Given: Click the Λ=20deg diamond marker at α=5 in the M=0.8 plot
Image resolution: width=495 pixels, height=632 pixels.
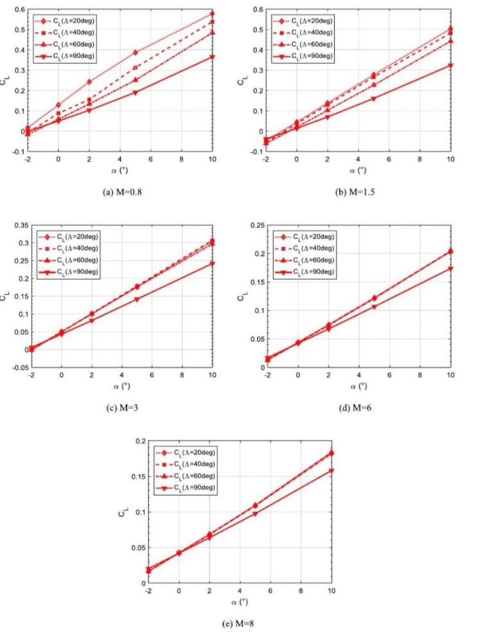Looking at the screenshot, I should tap(135, 52).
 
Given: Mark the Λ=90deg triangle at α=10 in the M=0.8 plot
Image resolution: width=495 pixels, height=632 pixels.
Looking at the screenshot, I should tap(212, 57).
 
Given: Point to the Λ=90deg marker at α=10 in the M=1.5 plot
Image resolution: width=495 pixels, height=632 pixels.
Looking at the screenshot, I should tap(451, 65).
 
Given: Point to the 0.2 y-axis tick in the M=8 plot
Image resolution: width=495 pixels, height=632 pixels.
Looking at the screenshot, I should tap(139, 441).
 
